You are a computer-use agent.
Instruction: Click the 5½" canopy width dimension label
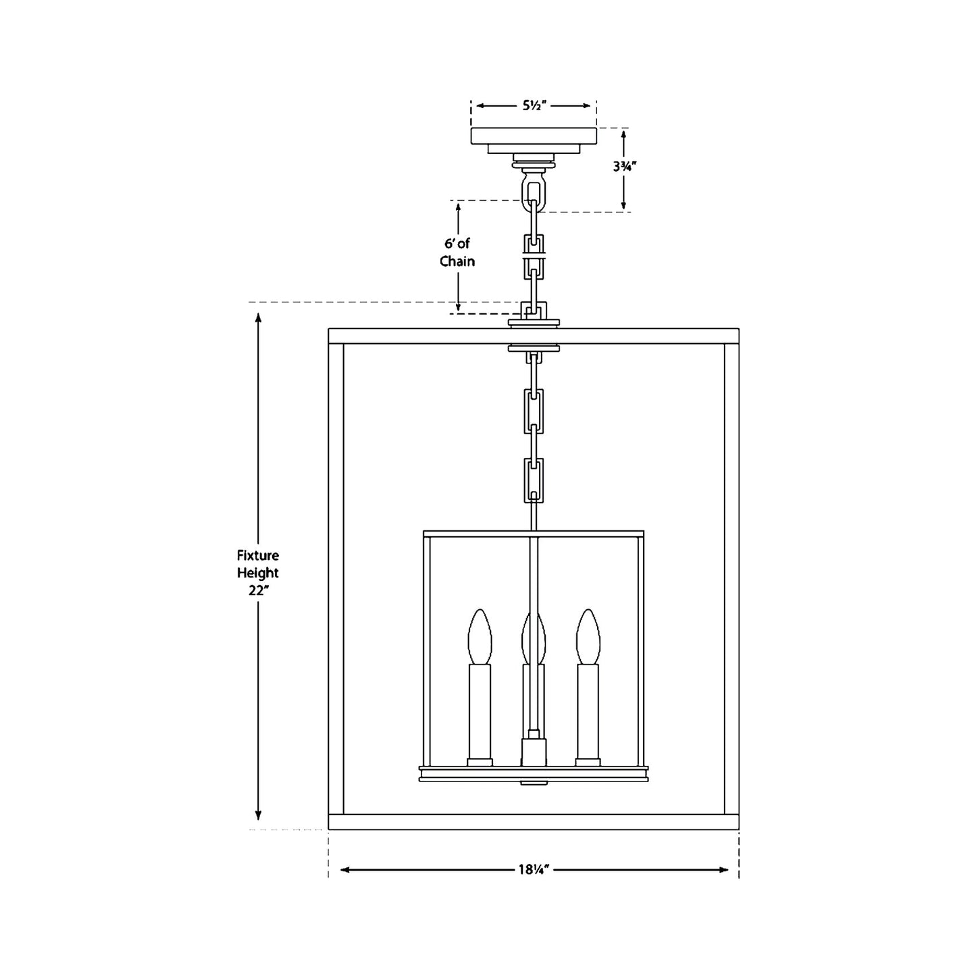[534, 105]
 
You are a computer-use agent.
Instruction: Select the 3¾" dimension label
[622, 165]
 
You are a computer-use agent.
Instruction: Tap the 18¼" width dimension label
[533, 869]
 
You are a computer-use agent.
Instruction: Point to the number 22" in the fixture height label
[257, 590]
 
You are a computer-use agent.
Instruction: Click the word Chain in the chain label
[457, 261]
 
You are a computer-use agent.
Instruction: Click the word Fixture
[257, 556]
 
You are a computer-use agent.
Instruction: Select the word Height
[257, 573]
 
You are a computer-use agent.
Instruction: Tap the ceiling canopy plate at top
[534, 136]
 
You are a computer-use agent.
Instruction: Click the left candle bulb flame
[480, 636]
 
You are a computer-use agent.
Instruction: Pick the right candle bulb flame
[587, 636]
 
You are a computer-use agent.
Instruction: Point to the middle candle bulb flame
[534, 636]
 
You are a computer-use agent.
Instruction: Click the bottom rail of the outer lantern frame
[534, 822]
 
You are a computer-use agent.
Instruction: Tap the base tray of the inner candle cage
[534, 774]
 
